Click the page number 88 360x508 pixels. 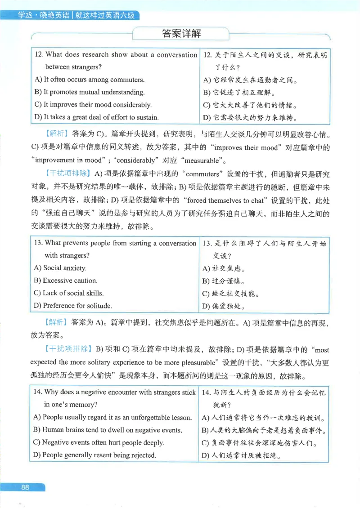[x=25, y=487]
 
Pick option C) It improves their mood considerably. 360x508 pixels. [x=93, y=105]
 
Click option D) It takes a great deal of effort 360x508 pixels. [x=96, y=117]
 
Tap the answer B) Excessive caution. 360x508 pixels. [x=65, y=281]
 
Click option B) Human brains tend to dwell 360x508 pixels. [x=108, y=430]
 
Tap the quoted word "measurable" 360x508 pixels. [x=203, y=160]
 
